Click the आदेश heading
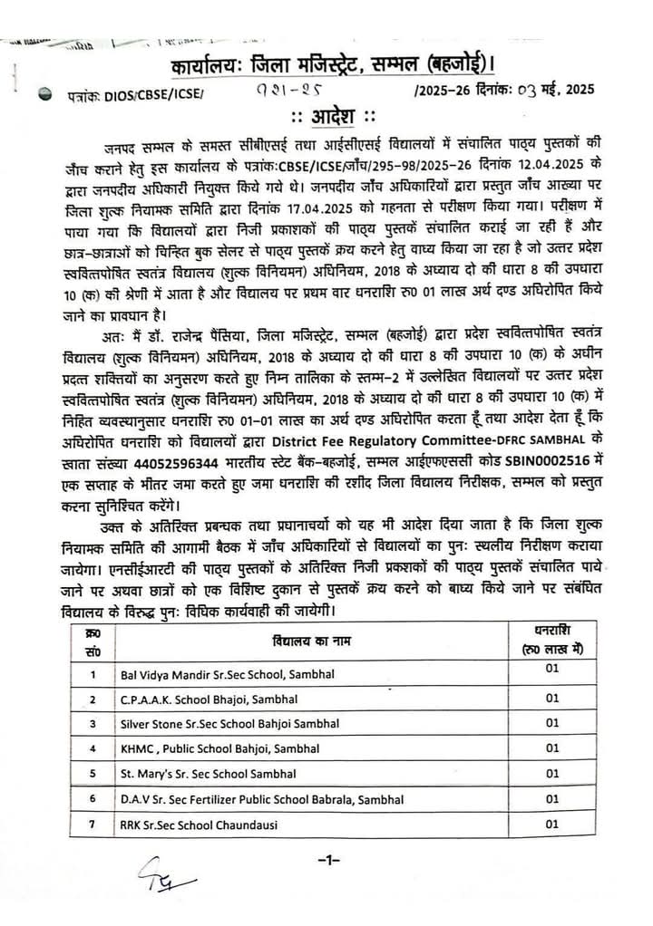coord(326,119)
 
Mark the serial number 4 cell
coord(92,748)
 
